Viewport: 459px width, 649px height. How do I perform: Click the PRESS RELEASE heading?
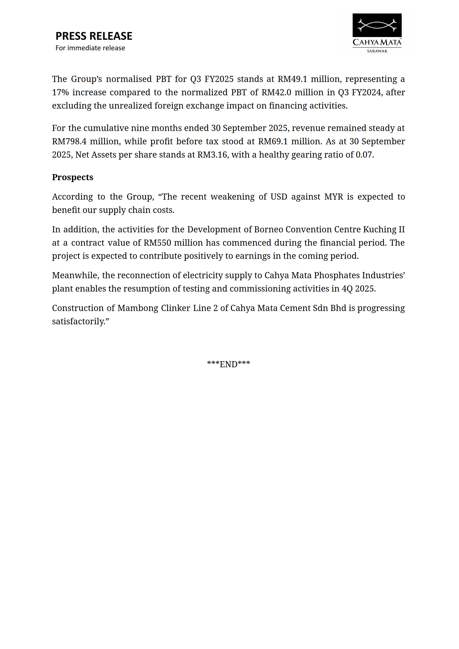tap(94, 36)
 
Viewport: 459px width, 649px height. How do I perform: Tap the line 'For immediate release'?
tap(90, 48)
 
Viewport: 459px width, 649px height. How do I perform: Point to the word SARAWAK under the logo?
tap(377, 51)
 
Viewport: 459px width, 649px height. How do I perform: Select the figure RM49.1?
tap(292, 79)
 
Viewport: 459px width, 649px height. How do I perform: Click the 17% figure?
tap(60, 93)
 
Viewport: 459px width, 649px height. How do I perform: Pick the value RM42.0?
tap(276, 93)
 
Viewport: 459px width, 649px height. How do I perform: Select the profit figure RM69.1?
tap(273, 141)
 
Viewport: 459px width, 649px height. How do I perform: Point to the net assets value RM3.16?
tap(212, 155)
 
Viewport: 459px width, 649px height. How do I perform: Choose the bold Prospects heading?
tap(73, 177)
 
